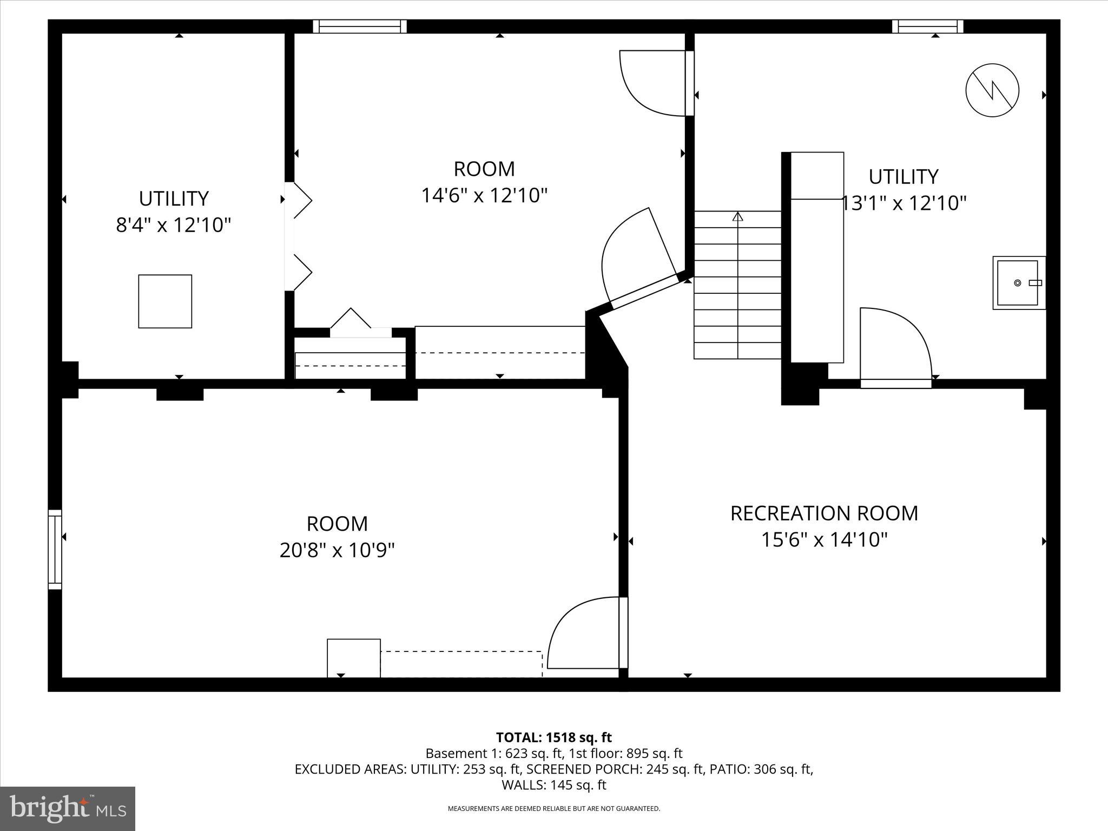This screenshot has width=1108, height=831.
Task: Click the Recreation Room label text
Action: tap(824, 513)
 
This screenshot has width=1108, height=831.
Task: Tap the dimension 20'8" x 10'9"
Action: tap(337, 551)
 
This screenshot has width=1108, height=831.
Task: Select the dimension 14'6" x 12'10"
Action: tap(484, 195)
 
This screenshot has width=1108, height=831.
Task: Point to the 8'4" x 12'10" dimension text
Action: tap(174, 225)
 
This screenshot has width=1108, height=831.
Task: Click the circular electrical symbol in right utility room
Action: tap(992, 90)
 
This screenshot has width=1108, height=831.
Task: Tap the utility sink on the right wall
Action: tap(1018, 283)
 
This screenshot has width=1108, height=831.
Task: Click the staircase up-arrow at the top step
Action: tap(737, 217)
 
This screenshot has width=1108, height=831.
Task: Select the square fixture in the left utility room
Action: tap(165, 301)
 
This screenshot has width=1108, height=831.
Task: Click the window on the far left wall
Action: tap(55, 549)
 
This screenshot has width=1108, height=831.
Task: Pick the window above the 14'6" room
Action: tap(360, 27)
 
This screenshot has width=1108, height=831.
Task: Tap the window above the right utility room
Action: tap(927, 27)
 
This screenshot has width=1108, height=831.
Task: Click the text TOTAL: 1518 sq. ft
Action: tap(553, 737)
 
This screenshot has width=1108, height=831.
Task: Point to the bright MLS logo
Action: tap(68, 808)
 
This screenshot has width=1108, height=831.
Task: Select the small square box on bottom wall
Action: tap(354, 658)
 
